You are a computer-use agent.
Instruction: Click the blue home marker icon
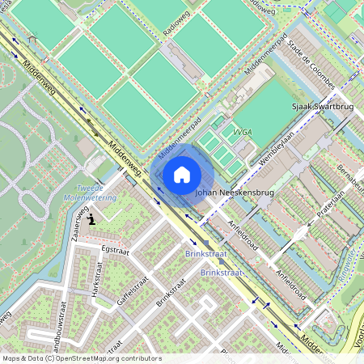tap(182, 174)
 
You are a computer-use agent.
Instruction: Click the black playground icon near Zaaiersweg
tap(92, 218)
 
